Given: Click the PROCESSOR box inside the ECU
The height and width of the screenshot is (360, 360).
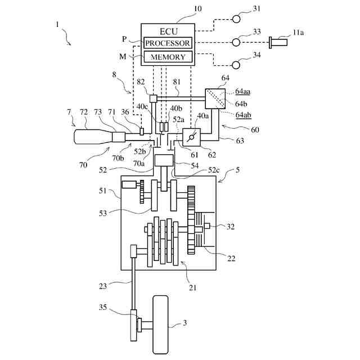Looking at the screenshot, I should click(168, 43).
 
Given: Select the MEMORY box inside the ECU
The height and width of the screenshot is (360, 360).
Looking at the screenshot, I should click(168, 57).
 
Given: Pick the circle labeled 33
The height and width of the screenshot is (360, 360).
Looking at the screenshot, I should click(237, 42).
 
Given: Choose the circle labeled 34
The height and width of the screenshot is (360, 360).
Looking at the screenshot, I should click(237, 65).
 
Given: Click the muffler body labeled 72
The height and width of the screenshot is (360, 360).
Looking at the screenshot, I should click(93, 137).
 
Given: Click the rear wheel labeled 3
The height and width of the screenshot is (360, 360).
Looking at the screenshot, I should click(162, 325).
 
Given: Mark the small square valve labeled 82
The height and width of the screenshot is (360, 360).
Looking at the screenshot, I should click(153, 98).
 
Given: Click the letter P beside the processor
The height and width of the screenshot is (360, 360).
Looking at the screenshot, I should click(125, 39).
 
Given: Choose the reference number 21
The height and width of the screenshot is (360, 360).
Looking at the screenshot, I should click(193, 287).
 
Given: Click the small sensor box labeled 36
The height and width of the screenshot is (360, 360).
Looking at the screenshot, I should click(142, 131).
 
